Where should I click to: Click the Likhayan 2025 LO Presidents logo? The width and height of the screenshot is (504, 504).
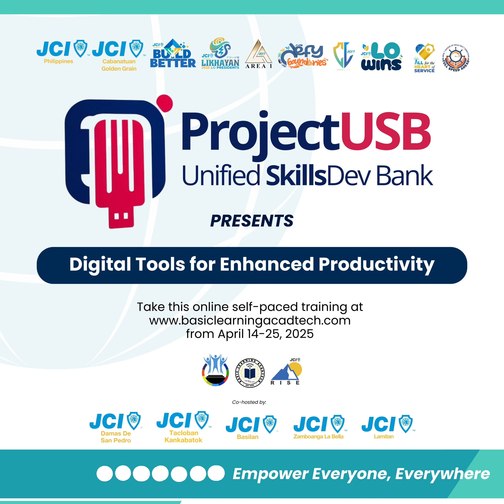[x=220, y=54]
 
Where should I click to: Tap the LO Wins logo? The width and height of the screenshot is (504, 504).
[x=381, y=57]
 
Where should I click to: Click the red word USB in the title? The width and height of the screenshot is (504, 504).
[x=385, y=132]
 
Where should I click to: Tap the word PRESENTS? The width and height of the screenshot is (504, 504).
[x=252, y=221]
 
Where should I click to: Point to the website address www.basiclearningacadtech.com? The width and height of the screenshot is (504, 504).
[x=250, y=321]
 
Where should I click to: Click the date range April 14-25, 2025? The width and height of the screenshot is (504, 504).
[x=266, y=334]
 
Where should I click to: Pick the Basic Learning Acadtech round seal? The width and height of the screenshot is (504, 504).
[x=250, y=373]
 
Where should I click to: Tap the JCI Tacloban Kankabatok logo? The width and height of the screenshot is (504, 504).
[x=184, y=427]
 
